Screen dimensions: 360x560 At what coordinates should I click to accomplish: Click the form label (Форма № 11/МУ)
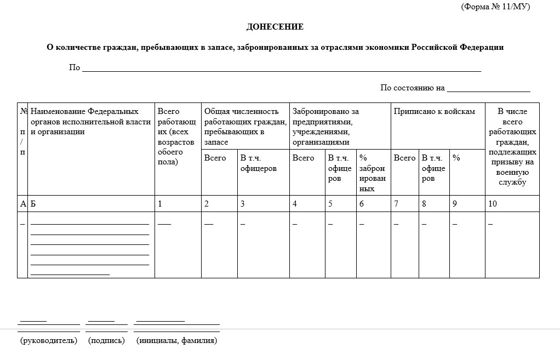(x=495, y=7)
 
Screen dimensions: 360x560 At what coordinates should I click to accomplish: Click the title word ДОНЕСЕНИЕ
(x=275, y=27)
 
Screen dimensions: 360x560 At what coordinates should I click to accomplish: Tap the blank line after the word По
(x=281, y=70)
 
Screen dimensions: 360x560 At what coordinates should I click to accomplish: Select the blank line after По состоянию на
(x=488, y=89)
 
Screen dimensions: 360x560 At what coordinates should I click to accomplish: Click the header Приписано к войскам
(x=434, y=112)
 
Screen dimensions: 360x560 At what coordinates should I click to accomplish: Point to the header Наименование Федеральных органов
(x=90, y=121)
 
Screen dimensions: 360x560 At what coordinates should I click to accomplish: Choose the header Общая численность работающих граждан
(x=245, y=127)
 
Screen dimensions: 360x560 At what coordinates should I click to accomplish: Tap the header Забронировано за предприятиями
(x=325, y=127)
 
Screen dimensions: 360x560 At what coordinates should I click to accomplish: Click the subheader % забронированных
(x=372, y=173)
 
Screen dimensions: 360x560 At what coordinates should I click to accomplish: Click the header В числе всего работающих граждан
(x=512, y=147)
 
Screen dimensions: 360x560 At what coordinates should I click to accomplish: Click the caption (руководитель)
(x=49, y=341)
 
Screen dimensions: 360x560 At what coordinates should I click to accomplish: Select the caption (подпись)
(x=106, y=341)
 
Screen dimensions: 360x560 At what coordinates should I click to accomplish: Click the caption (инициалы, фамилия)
(x=176, y=341)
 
